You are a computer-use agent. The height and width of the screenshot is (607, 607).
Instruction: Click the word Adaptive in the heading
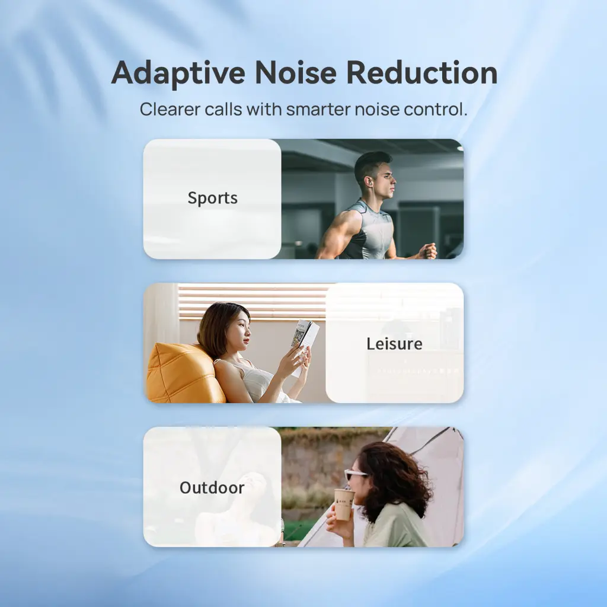178,74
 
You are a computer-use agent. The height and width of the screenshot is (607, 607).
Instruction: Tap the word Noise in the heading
296,73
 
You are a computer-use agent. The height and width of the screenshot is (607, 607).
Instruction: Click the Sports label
213,198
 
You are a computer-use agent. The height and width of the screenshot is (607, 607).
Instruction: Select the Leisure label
394,344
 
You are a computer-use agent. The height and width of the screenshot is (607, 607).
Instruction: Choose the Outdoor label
212,488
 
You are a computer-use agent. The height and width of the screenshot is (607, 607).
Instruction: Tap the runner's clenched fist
429,251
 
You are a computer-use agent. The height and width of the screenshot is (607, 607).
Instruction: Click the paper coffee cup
344,504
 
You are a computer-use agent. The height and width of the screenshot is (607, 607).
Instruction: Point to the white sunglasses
355,474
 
